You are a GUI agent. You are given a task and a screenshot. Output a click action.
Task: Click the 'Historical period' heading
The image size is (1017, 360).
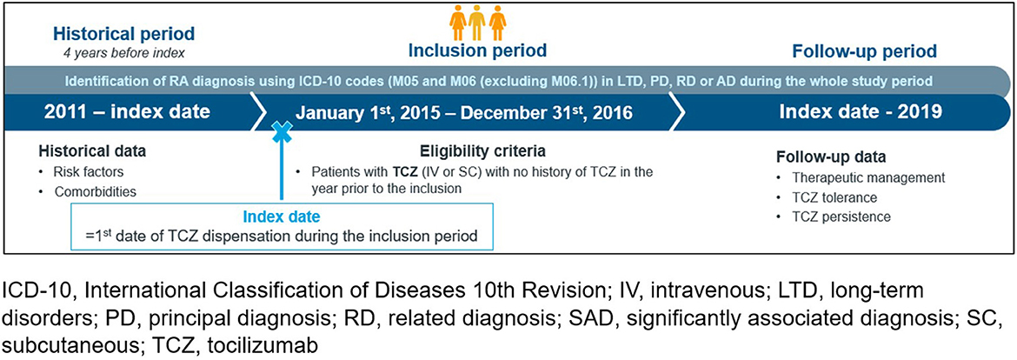click(123, 34)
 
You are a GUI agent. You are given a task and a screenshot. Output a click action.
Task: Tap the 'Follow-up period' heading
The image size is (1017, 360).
click(865, 50)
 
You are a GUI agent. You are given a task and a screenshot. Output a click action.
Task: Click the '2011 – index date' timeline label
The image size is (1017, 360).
click(127, 112)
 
